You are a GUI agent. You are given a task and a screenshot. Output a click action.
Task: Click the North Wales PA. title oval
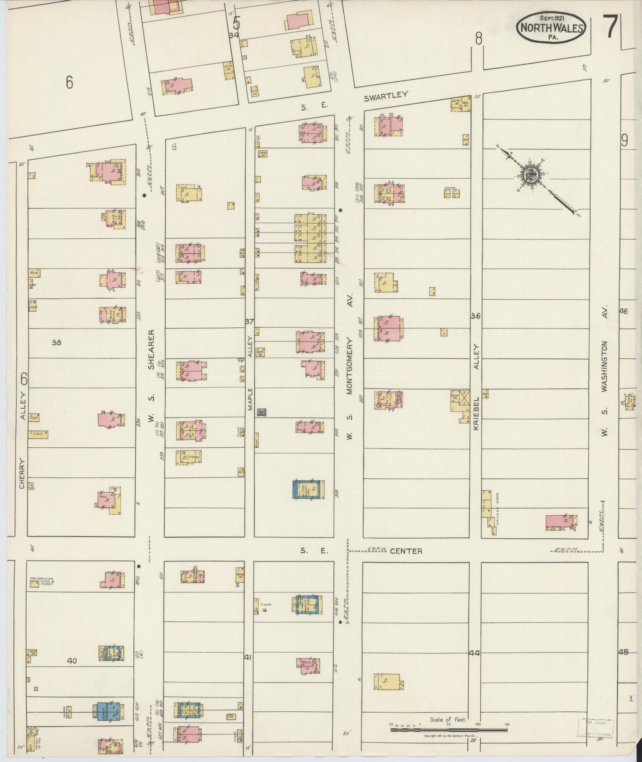(x=551, y=27)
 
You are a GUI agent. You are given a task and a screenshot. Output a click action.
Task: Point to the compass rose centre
(x=531, y=174)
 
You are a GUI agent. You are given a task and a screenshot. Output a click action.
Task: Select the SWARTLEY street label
(x=385, y=97)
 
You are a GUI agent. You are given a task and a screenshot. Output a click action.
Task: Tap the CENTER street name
(x=406, y=551)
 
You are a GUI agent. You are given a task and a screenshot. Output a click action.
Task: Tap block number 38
(x=56, y=342)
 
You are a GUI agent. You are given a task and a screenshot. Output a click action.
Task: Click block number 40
(x=72, y=661)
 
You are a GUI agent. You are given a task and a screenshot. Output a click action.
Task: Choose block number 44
(x=475, y=653)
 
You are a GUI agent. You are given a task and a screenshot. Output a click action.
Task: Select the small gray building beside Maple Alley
(x=262, y=412)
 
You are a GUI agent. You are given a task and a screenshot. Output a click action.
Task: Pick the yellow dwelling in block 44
(x=389, y=682)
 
